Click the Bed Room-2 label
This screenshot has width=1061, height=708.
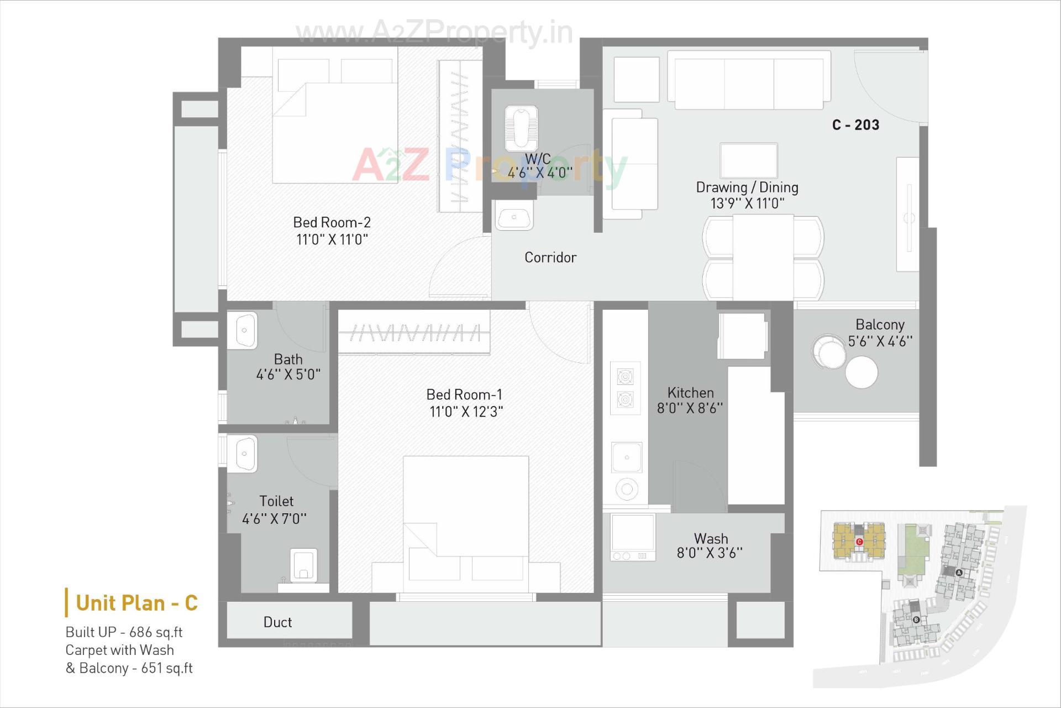tap(332, 222)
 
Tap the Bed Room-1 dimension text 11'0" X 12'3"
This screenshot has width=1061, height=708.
tap(466, 412)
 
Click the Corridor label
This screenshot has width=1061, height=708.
tap(550, 258)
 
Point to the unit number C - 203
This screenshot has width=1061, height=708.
tap(855, 125)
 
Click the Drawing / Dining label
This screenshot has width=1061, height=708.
tap(747, 188)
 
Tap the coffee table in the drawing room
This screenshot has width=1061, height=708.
tap(748, 160)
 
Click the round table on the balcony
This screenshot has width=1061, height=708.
tap(861, 372)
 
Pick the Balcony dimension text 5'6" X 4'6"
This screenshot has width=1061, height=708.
tap(880, 341)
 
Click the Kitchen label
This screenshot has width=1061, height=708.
tap(690, 393)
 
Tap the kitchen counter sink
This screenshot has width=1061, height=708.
tap(627, 457)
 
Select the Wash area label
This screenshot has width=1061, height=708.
tap(711, 539)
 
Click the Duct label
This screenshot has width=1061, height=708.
tap(277, 622)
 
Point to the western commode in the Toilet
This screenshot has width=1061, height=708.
tap(303, 565)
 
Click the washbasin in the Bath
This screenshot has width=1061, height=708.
tap(243, 330)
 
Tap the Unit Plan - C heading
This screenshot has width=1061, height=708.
tap(136, 603)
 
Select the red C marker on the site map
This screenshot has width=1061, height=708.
tap(859, 542)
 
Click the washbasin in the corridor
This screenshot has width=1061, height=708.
tap(514, 216)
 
